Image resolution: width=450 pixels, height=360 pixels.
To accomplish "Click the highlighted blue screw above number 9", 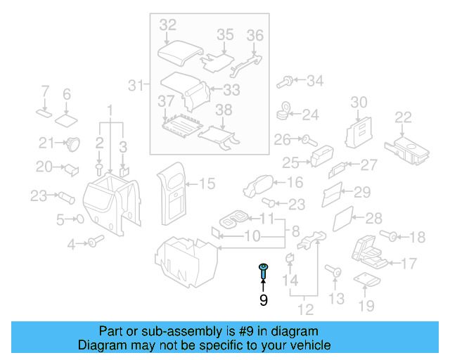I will click(263, 271).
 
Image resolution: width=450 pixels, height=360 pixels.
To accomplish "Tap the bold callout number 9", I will click(263, 301).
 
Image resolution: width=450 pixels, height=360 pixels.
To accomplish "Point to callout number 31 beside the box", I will click(136, 86).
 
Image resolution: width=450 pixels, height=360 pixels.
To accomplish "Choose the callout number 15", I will click(207, 184).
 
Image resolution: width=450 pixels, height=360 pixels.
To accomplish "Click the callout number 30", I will click(359, 102).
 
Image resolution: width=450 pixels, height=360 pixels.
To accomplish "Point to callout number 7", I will click(44, 91).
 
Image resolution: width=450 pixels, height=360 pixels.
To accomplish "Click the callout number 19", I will click(366, 305).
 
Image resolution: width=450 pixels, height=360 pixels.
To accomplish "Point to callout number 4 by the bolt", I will click(71, 244).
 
